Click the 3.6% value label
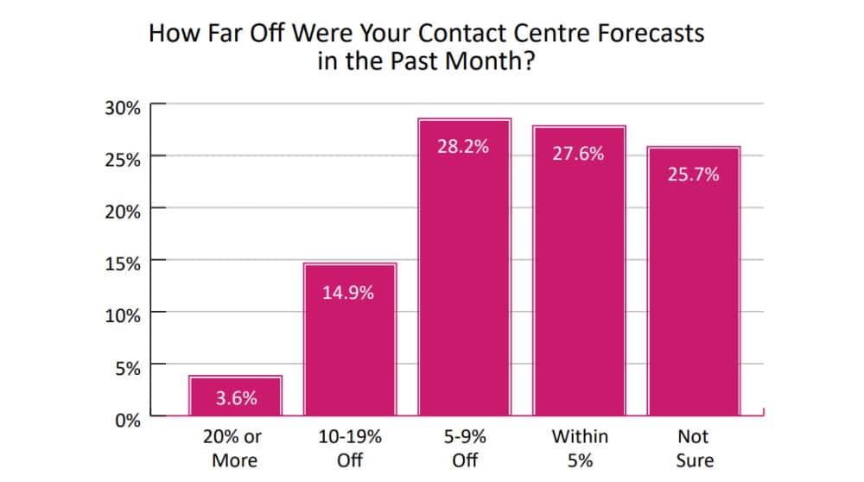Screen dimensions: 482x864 236,400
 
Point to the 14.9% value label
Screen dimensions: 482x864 348,293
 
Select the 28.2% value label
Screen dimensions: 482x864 464,146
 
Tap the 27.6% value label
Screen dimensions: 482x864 578,155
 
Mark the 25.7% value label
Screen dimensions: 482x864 693,174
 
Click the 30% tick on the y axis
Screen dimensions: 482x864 123,108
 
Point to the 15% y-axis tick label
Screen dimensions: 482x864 123,264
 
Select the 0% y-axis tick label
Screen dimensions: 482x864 127,421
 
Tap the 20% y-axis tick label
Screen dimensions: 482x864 123,212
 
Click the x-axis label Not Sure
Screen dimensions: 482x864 694,448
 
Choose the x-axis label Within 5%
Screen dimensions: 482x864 580,448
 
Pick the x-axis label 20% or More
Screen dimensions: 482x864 232,448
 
